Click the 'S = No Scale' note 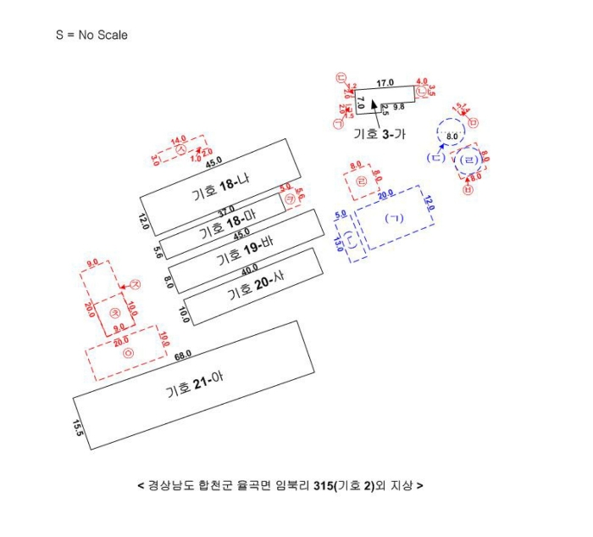point(91,36)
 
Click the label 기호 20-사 point(254,293)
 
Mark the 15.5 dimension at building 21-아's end point(79,426)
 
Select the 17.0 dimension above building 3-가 point(385,83)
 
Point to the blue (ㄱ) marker point(394,218)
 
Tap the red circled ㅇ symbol point(129,353)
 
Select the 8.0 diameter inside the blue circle point(452,136)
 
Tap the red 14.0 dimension point(178,140)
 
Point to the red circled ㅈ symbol point(135,285)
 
